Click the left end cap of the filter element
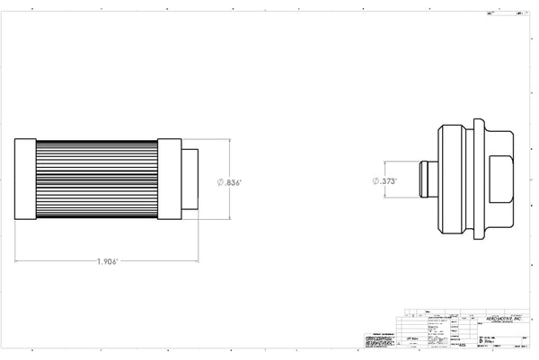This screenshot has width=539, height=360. pos(25,180)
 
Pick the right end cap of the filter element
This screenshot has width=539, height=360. pos(170,180)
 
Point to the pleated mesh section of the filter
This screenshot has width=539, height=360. pos(97,180)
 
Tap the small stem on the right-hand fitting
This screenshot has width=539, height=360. pos(428,180)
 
